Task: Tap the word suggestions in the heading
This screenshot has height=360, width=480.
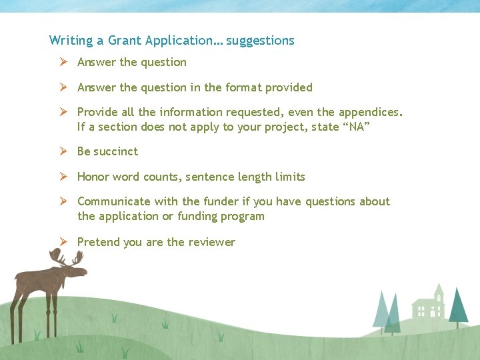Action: (x=260, y=41)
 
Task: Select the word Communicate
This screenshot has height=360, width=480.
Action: (x=113, y=201)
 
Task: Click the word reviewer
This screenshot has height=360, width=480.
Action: (x=211, y=242)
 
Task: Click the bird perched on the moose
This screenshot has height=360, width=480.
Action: (x=55, y=253)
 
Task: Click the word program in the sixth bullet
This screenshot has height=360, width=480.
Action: (x=243, y=216)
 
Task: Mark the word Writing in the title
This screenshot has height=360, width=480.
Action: (x=71, y=41)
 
